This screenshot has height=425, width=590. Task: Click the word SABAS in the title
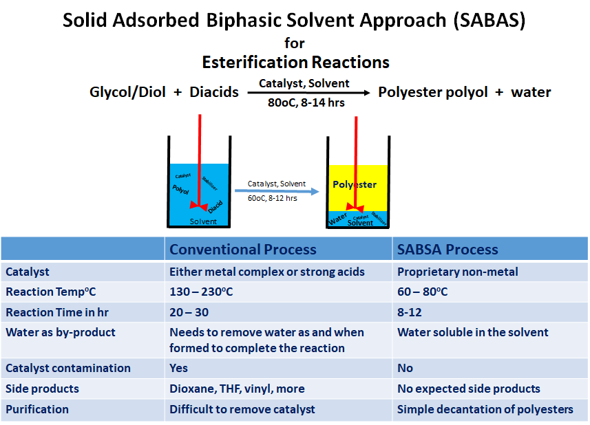pos(489,21)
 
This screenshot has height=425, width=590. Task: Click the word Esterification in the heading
pos(255,62)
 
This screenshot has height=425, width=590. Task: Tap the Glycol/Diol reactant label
pos(127,92)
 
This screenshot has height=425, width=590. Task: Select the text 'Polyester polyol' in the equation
pos(433,92)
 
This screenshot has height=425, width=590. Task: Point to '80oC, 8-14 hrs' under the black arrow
pos(306,102)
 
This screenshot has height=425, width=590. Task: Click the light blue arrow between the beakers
pos(277,191)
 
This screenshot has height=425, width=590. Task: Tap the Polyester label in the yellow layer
pos(355,184)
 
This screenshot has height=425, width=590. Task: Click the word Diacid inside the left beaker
pos(215,207)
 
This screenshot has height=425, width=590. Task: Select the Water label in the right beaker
pos(338,219)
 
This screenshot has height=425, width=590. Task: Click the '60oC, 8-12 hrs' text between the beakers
pos(273,198)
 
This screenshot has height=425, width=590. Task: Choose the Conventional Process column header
pos(243,250)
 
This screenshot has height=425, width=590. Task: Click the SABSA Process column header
pos(447,250)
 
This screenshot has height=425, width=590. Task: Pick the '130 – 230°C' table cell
pos(201,292)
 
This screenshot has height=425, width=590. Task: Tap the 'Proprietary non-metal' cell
pos(458,272)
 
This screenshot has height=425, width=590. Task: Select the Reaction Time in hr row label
pos(57,312)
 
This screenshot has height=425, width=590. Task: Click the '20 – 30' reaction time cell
pos(189,312)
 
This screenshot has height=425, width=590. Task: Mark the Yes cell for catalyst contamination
pos(178,368)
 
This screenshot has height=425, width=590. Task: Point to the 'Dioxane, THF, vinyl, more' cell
pos(237,389)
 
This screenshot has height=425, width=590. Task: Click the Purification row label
pos(37,409)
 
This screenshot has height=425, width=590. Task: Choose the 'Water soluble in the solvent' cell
pos(472,332)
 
